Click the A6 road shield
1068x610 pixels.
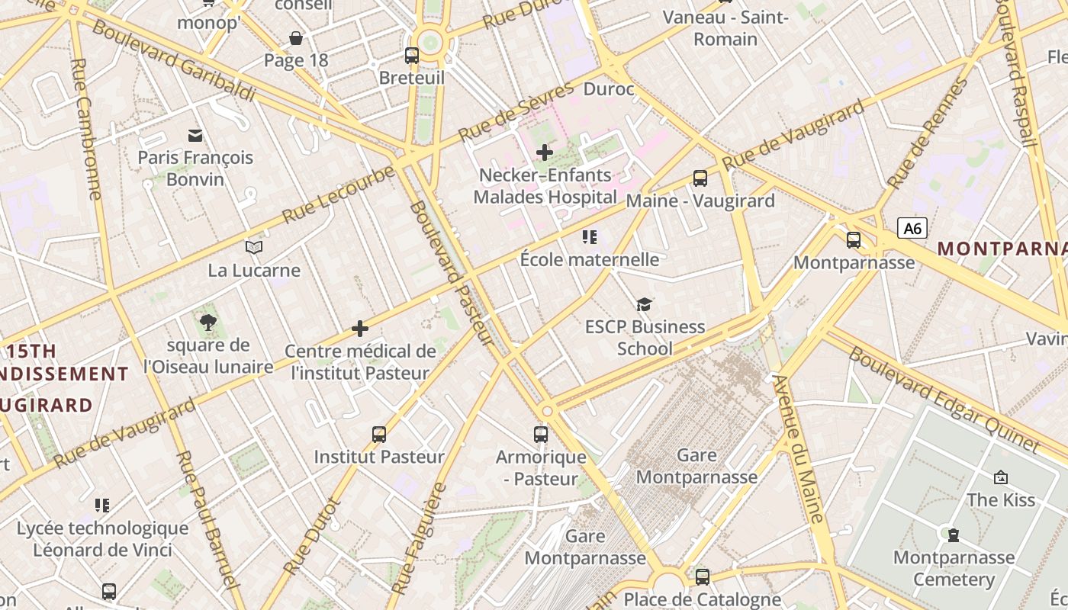tap(912, 228)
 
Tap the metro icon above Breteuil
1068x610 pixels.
tap(412, 55)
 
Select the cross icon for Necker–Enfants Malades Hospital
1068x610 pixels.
tap(544, 152)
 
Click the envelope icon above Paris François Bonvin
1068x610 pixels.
tap(195, 136)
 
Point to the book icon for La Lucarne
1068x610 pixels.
tap(254, 248)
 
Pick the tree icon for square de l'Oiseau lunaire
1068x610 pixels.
tap(207, 323)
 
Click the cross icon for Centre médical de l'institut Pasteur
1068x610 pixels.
tap(360, 329)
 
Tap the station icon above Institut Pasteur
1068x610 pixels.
tap(379, 435)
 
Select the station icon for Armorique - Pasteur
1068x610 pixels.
tap(541, 435)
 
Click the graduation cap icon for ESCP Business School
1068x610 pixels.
tap(645, 305)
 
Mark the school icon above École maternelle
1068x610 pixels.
tap(589, 237)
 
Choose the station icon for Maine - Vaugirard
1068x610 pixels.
tap(700, 178)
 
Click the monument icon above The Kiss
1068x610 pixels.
tap(1001, 477)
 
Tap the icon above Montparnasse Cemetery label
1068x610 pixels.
tap(954, 535)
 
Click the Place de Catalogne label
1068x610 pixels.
tap(702, 599)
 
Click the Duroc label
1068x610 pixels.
tap(608, 89)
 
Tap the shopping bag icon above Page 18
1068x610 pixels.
tap(296, 38)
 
